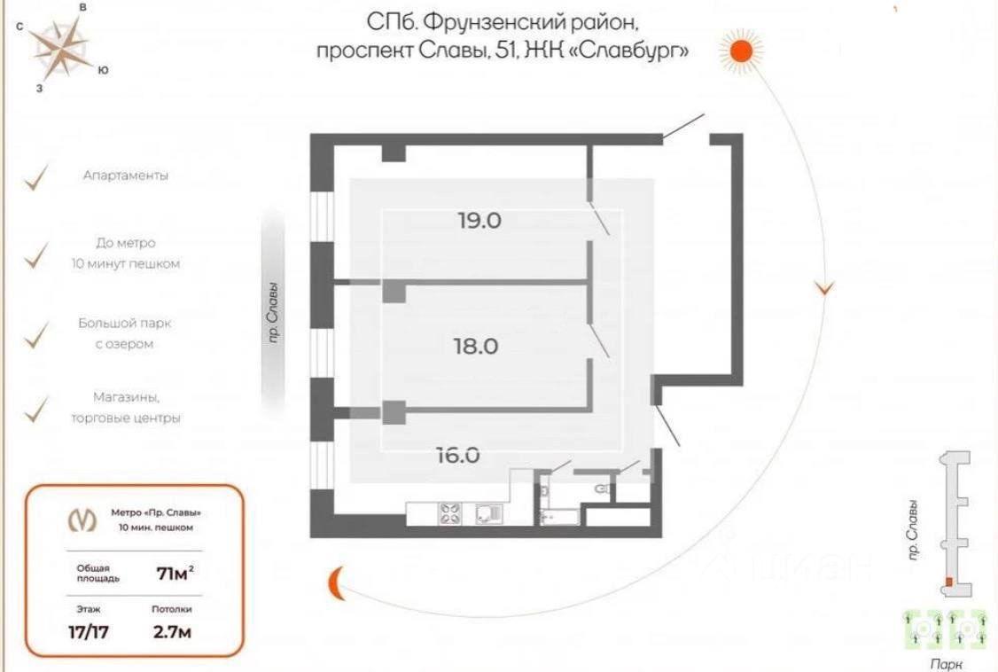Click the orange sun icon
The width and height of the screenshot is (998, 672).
(x=740, y=51)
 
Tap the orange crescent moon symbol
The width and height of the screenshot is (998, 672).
(x=336, y=582)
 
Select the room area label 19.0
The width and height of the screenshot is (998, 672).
(x=480, y=221)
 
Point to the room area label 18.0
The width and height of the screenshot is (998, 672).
(x=476, y=346)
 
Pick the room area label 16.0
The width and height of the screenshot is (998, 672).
(x=458, y=456)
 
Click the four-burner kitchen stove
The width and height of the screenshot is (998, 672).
(x=450, y=514)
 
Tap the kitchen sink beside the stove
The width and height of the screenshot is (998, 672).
(x=488, y=514)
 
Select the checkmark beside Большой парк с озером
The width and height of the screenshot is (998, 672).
(x=36, y=335)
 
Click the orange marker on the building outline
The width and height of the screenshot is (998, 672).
(x=948, y=582)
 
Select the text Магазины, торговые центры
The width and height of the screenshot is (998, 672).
(x=126, y=408)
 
